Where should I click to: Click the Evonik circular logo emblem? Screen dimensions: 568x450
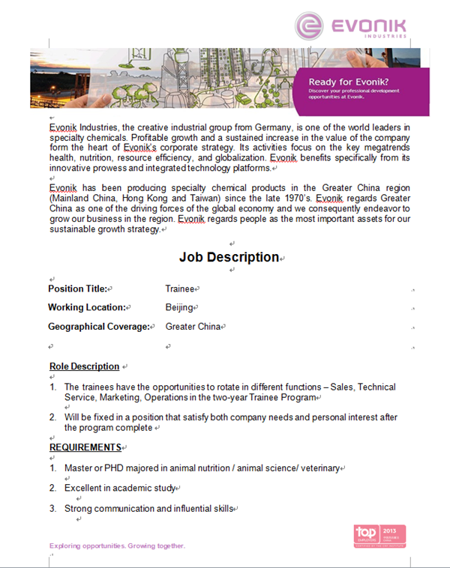(310, 25)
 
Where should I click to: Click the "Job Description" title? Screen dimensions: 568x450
(229, 257)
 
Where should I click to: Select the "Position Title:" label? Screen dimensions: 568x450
(78, 288)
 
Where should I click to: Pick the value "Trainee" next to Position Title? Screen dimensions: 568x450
(179, 288)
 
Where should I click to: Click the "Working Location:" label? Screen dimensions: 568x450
(86, 307)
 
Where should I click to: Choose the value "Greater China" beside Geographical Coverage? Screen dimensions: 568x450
(193, 327)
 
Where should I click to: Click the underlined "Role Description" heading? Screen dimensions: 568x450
(84, 366)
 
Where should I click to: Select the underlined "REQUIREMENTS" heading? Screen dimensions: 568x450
(85, 447)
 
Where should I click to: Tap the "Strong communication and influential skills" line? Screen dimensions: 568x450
(148, 509)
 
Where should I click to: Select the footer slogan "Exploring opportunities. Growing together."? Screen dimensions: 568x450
(116, 546)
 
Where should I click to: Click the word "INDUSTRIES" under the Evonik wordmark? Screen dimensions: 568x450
(388, 35)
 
